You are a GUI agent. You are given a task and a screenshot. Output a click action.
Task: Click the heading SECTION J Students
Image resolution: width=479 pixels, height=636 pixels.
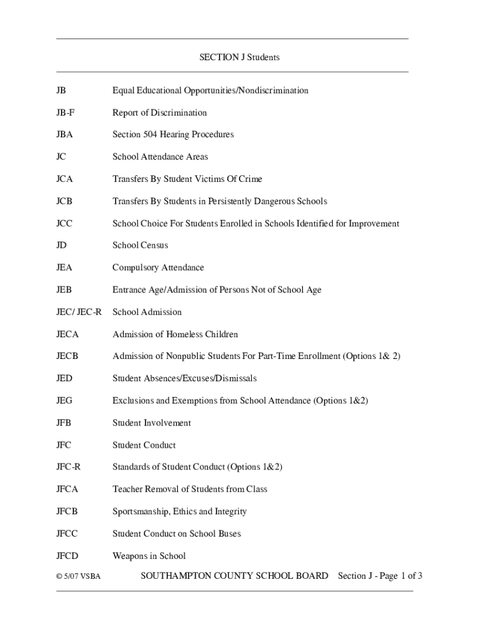click(239, 58)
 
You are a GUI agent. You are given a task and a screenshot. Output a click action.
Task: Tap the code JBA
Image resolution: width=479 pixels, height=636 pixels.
click(64, 135)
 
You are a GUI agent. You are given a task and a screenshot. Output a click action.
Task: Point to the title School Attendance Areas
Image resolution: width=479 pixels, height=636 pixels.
click(160, 157)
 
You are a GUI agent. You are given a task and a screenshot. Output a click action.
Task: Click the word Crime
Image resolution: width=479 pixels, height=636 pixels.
click(249, 179)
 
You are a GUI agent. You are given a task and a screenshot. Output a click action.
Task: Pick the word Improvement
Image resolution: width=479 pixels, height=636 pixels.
click(374, 224)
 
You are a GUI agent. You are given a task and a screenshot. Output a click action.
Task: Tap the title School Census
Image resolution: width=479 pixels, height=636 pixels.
click(140, 246)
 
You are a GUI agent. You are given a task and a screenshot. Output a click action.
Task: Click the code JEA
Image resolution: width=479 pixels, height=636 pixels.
click(64, 268)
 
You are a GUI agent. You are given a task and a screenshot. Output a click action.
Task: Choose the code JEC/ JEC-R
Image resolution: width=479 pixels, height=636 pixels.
click(78, 312)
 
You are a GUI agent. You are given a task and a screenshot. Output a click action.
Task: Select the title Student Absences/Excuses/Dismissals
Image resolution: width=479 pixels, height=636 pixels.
click(184, 379)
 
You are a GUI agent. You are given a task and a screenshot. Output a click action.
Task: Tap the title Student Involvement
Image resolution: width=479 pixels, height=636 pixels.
click(151, 423)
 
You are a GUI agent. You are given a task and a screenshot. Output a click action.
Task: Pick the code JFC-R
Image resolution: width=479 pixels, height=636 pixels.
click(68, 467)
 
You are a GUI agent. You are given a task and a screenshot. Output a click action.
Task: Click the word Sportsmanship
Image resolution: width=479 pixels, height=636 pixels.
click(141, 512)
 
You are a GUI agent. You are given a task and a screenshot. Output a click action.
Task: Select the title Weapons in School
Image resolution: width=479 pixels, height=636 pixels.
click(149, 556)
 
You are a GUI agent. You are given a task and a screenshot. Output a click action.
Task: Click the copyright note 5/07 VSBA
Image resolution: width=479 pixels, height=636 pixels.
click(78, 577)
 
